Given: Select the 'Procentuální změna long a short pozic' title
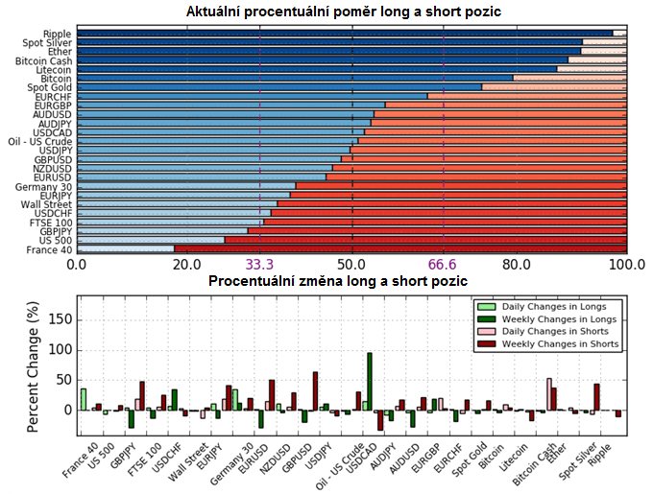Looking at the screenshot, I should click(x=338, y=281).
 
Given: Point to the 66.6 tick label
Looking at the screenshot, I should click(x=444, y=264).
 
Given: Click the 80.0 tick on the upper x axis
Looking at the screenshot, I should click(x=518, y=264).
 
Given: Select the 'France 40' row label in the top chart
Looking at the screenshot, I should click(x=49, y=249).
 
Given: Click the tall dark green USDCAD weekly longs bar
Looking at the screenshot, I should click(x=370, y=382).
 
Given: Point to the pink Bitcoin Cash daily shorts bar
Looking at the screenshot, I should click(x=549, y=393).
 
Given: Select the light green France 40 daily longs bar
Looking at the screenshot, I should click(x=84, y=399).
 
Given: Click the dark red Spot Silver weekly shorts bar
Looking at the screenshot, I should click(x=596, y=397).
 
